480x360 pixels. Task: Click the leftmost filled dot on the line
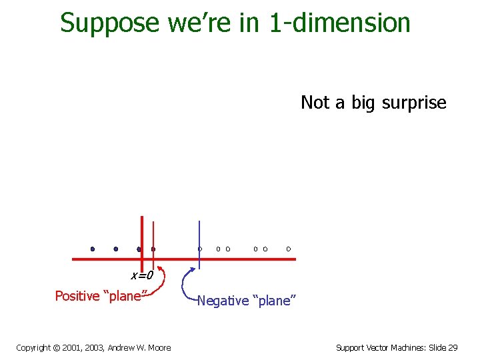coord(93,249)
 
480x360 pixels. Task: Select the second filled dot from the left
coord(116,249)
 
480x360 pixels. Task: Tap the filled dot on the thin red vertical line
coord(153,249)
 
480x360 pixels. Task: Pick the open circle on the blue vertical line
coord(199,249)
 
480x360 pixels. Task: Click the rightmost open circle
coord(288,249)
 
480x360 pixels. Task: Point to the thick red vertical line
coord(142,230)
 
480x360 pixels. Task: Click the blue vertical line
coord(199,233)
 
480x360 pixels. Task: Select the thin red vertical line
coord(153,233)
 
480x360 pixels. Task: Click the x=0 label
coord(141,275)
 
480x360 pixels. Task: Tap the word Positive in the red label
coord(77,296)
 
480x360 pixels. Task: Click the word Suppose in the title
coord(110,23)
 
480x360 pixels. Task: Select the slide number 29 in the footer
coord(453,347)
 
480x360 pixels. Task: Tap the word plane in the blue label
coord(274,301)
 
